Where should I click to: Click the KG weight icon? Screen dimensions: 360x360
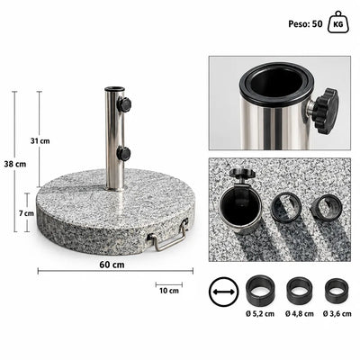338,22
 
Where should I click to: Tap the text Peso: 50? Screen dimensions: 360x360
305,24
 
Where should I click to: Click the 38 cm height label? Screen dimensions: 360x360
15,164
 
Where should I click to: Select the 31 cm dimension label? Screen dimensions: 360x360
40,140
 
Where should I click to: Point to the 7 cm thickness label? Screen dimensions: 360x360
26,213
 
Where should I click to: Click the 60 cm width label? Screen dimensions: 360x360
112,265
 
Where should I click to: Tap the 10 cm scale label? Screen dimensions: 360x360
169,291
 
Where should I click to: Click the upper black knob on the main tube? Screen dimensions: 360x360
124,104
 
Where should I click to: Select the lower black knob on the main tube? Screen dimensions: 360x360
123,154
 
